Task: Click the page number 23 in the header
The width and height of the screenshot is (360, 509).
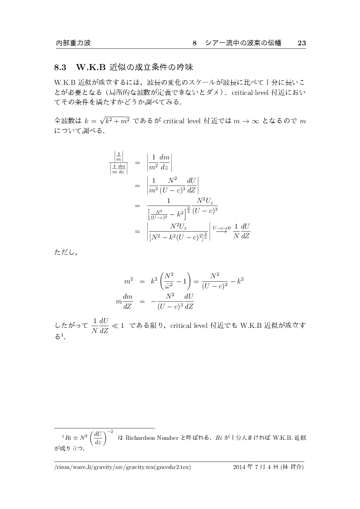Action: [x=302, y=43]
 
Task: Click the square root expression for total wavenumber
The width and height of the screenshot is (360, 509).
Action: [x=113, y=121]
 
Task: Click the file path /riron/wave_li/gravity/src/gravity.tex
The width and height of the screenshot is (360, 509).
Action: [x=122, y=468]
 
